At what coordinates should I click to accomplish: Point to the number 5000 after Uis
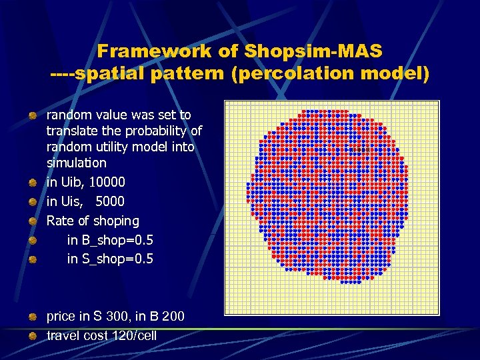110,201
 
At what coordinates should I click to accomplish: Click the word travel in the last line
63,335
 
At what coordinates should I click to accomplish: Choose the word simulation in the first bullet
76,163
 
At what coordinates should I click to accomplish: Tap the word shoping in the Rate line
117,221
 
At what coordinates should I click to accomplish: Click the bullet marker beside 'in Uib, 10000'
32,183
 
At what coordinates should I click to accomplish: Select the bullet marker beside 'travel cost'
32,336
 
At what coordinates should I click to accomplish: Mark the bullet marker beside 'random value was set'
32,116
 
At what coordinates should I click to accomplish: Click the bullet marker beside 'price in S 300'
32,317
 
